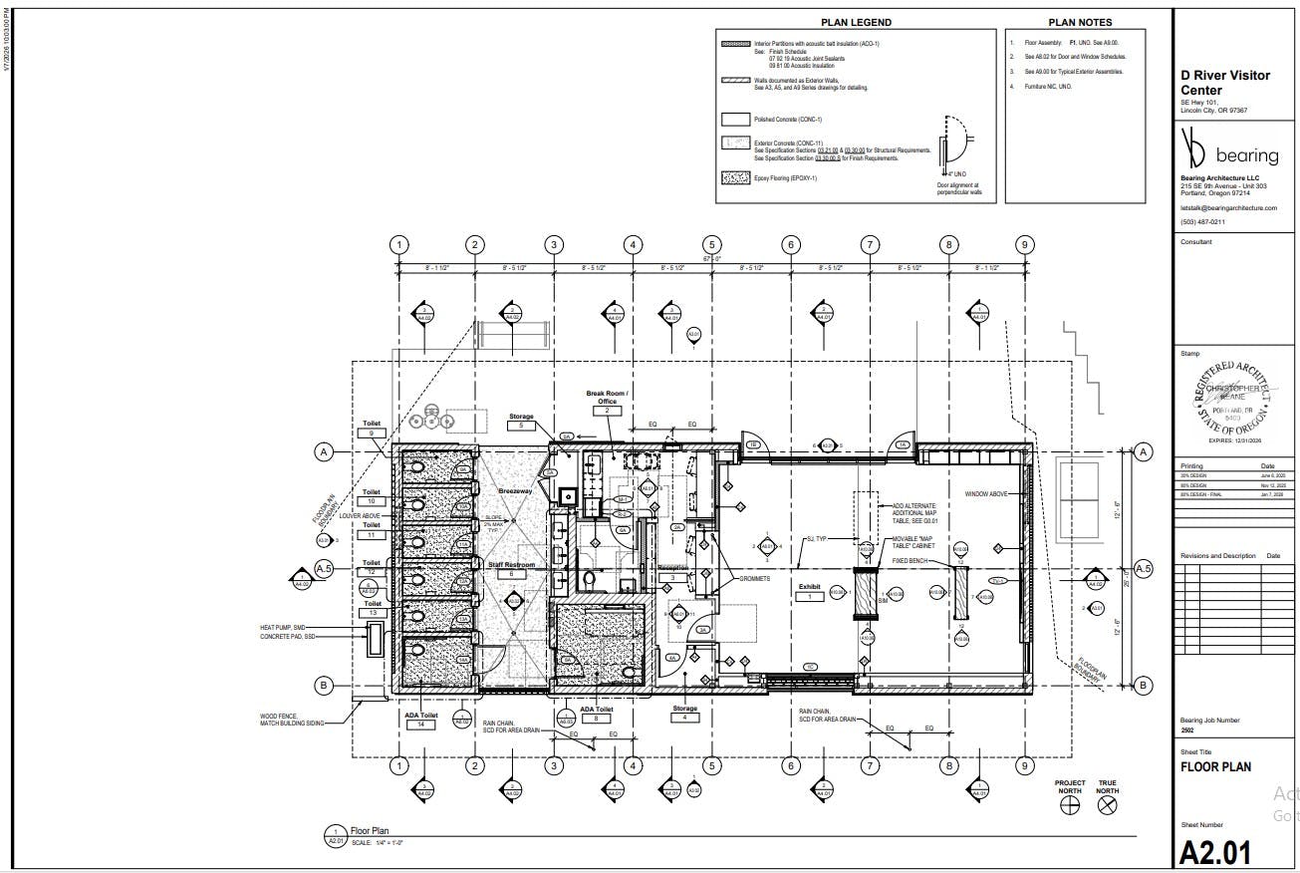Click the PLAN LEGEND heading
(856, 22)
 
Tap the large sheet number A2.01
(1214, 853)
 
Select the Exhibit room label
(809, 587)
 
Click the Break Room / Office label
(607, 398)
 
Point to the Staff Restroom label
(511, 565)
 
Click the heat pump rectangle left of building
(375, 639)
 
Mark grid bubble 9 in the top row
(1025, 245)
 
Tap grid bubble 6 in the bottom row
(791, 765)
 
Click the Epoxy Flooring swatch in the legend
(735, 179)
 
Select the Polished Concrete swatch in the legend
(735, 119)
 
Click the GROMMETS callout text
(753, 579)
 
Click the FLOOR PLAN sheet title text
(1215, 767)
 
